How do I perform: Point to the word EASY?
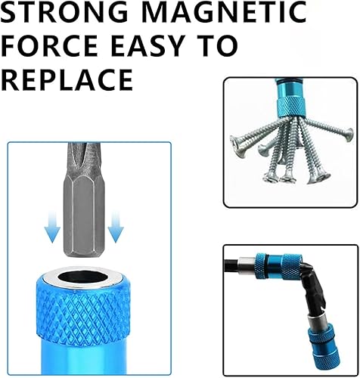[154, 45]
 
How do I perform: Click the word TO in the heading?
[224, 45]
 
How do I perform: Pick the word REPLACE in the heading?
[67, 80]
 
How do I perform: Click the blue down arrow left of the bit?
[52, 228]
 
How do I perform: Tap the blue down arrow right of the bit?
[116, 228]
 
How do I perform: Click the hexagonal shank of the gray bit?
[84, 217]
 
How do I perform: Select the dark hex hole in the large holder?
[83, 277]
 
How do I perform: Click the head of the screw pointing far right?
[349, 135]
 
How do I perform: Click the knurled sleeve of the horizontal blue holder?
[292, 267]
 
